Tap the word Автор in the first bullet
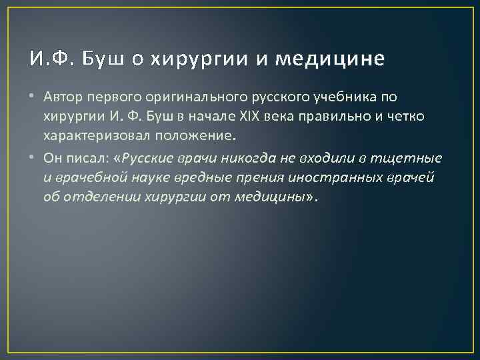click(x=64, y=97)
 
